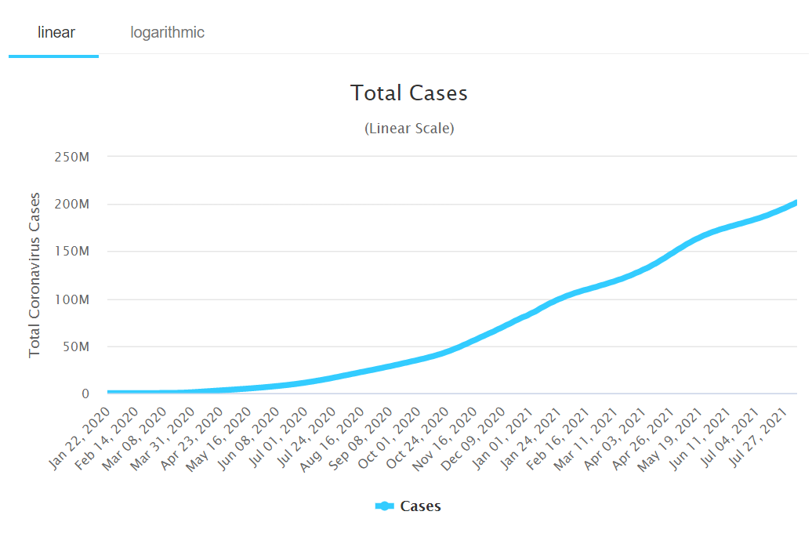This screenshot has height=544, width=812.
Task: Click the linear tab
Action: tap(56, 32)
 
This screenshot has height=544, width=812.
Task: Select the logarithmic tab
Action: tap(167, 32)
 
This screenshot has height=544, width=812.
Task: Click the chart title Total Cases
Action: tap(409, 93)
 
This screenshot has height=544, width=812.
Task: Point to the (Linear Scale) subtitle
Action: tap(409, 128)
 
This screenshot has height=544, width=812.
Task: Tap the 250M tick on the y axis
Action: tap(72, 157)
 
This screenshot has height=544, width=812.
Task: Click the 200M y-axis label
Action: tap(72, 205)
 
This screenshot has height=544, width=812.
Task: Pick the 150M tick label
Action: tap(72, 252)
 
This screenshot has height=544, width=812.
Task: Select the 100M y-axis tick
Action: tap(72, 299)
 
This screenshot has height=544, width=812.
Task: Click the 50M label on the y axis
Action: tap(75, 346)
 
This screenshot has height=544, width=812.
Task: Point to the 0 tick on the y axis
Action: tap(85, 394)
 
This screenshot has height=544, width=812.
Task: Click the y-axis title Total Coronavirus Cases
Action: tap(34, 274)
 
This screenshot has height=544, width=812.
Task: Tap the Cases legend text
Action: tap(420, 506)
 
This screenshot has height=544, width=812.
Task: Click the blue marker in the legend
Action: tap(384, 506)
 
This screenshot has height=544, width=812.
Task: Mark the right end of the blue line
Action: tap(796, 202)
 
